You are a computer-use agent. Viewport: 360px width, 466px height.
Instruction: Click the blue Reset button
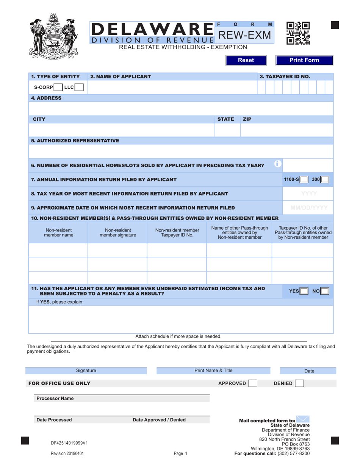(246, 60)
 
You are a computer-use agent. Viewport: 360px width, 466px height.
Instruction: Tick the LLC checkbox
(79, 88)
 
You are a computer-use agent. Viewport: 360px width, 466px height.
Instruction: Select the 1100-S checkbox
(304, 180)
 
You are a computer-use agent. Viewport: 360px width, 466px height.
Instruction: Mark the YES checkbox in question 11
(304, 291)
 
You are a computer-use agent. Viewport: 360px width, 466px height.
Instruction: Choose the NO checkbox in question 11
(325, 291)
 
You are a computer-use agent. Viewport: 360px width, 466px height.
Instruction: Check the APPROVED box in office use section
(253, 383)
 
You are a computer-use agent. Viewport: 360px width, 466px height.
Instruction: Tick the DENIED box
(299, 383)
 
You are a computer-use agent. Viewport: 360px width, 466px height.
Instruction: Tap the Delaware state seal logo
(53, 35)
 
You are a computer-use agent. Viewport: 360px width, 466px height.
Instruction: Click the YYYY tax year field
(308, 194)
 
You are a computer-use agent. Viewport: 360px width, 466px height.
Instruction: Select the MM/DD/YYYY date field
(308, 208)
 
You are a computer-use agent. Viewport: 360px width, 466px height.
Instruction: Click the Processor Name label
(55, 399)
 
